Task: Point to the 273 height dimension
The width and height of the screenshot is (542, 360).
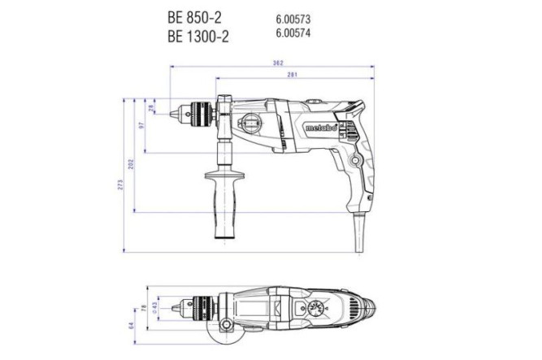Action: tap(121, 186)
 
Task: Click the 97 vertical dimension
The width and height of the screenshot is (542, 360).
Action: tap(141, 127)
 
